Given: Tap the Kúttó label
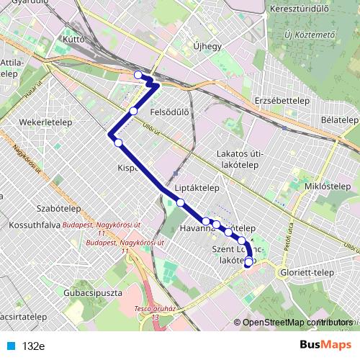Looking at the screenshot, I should point(74,40).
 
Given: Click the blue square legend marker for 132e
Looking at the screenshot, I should point(10,346).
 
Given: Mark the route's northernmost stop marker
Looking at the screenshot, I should point(138,74).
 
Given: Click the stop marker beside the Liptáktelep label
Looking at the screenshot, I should point(181,202).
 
